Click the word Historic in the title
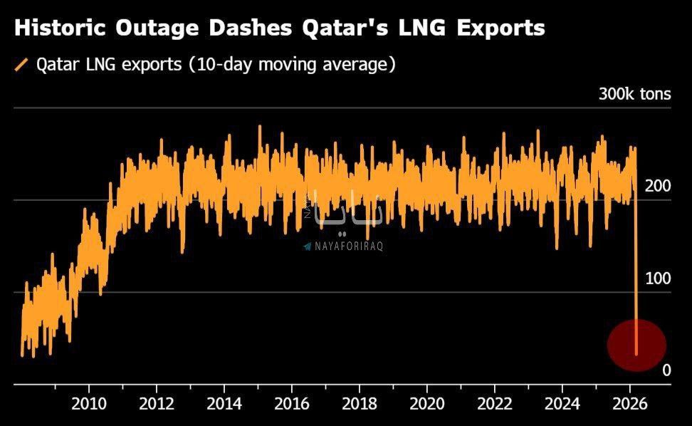pyautogui.click(x=61, y=28)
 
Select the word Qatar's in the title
pyautogui.click(x=345, y=28)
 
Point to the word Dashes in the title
pyautogui.click(x=250, y=28)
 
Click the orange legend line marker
pyautogui.click(x=21, y=64)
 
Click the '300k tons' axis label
pyautogui.click(x=634, y=94)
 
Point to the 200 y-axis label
pyautogui.click(x=658, y=186)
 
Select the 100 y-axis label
pyautogui.click(x=658, y=278)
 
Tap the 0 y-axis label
pyautogui.click(x=666, y=370)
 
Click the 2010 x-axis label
pyautogui.click(x=89, y=403)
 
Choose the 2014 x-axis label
pyautogui.click(x=224, y=403)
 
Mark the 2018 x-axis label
pyautogui.click(x=360, y=403)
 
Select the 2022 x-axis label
pyautogui.click(x=495, y=403)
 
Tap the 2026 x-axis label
pyautogui.click(x=630, y=403)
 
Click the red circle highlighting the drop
pyautogui.click(x=636, y=346)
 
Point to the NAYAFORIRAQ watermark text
pyautogui.click(x=349, y=246)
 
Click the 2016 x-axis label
pyautogui.click(x=292, y=403)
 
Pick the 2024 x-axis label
pyautogui.click(x=562, y=403)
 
